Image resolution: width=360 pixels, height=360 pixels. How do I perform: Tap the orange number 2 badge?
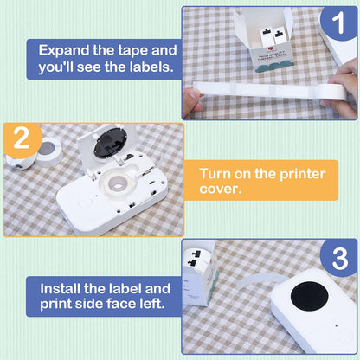pos(22,139)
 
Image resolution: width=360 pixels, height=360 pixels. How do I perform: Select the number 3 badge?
pos(340,258)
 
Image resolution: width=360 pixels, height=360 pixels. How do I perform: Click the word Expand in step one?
pos(64,51)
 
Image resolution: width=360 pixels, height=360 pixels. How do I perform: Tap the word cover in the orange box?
pos(220,190)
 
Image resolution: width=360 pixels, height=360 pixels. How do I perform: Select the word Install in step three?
pos(61,289)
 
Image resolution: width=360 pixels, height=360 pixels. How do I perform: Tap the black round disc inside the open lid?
pos(110,143)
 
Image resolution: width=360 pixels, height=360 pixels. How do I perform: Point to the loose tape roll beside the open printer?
pos(49,151)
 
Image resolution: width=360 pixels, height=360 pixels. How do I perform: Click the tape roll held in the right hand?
pos(331,92)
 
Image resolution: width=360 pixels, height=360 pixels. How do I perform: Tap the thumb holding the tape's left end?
pos(193,100)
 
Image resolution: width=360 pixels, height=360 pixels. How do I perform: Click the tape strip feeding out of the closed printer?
pos(262,280)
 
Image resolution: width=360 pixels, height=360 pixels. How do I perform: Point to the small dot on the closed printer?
pos(337,326)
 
